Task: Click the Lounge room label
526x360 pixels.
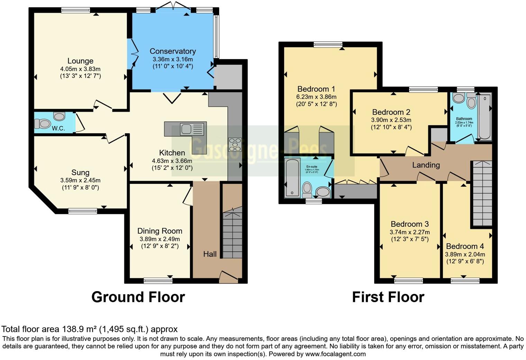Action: tap(80, 61)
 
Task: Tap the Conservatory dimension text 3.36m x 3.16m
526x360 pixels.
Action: tap(173, 59)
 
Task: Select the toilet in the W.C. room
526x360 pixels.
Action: tap(42, 123)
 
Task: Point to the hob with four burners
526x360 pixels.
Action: tap(235, 144)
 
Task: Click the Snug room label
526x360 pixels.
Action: tap(80, 172)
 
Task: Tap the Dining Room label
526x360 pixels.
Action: tap(160, 231)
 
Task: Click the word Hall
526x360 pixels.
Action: tap(210, 254)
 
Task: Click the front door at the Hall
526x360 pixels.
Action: tap(229, 277)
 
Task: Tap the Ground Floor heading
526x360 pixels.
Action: tap(138, 297)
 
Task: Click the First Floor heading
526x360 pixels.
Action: tap(388, 297)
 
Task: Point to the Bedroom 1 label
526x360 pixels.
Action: tap(316, 89)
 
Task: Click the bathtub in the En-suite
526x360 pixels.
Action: tap(292, 178)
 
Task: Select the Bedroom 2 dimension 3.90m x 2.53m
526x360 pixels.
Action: tap(391, 120)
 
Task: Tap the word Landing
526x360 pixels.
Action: tap(426, 165)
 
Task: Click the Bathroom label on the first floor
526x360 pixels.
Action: tap(464, 119)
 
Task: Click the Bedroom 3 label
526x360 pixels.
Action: tap(410, 224)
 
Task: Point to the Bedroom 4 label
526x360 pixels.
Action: tap(465, 246)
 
